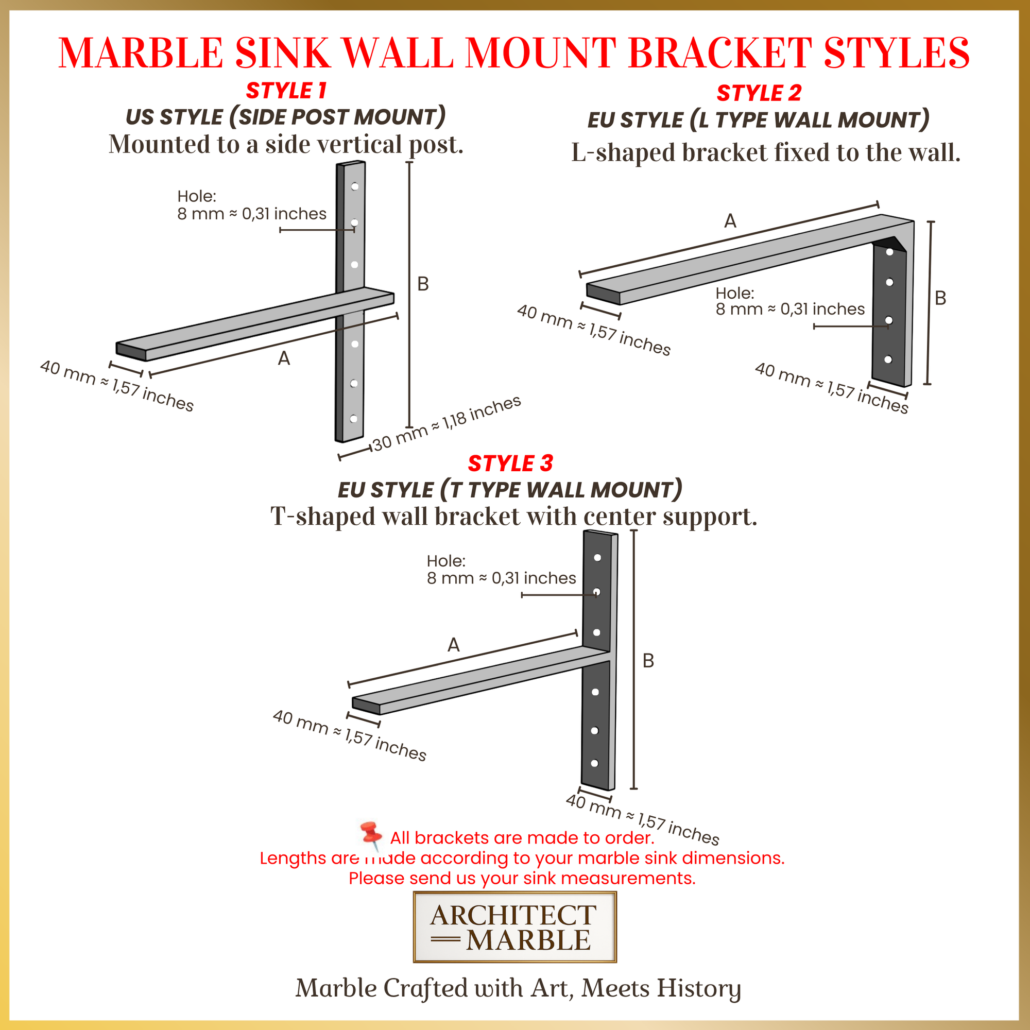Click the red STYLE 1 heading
pyautogui.click(x=286, y=91)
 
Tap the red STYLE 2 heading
pyautogui.click(x=759, y=93)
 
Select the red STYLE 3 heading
pyautogui.click(x=510, y=463)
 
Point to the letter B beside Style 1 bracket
pyautogui.click(x=423, y=284)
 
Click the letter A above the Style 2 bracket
pyautogui.click(x=730, y=221)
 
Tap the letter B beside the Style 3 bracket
pyautogui.click(x=648, y=661)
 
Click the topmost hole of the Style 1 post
pyautogui.click(x=354, y=186)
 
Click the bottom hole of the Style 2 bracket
pyautogui.click(x=888, y=359)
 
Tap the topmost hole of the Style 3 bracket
pyautogui.click(x=597, y=558)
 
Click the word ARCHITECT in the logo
pyautogui.click(x=513, y=915)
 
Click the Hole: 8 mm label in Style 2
pyautogui.click(x=789, y=301)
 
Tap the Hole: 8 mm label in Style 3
pyautogui.click(x=501, y=570)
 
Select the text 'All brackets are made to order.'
pyautogui.click(x=521, y=837)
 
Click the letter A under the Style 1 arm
pyautogui.click(x=284, y=359)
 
